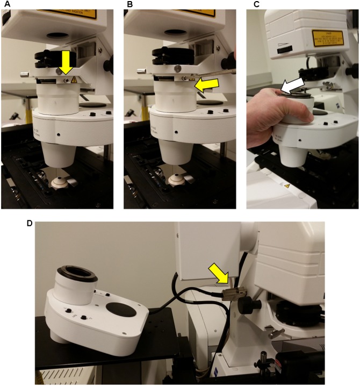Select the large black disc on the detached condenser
point(120,311)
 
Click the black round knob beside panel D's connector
point(248,306)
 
